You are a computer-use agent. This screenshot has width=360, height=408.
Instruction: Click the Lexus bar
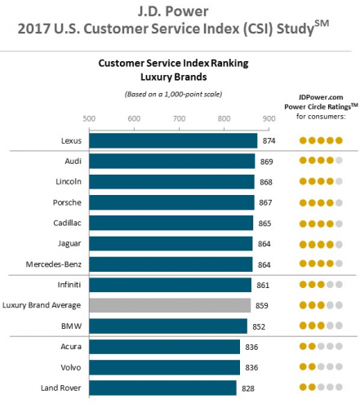[173, 140]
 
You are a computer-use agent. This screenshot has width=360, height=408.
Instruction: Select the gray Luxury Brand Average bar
[170, 305]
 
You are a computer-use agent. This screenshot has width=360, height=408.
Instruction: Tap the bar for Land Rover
[162, 388]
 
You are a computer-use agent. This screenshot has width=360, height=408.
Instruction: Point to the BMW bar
[168, 326]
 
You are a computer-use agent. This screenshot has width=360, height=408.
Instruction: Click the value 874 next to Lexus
[269, 141]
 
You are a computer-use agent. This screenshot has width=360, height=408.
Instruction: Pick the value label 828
[248, 388]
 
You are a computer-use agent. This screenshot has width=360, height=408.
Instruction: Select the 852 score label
[259, 326]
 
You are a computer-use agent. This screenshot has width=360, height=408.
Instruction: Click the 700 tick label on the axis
[179, 118]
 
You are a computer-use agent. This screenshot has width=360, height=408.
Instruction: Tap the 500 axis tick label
[89, 118]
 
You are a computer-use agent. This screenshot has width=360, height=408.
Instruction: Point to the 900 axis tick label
[269, 118]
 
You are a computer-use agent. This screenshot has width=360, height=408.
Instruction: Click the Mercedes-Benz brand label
[54, 264]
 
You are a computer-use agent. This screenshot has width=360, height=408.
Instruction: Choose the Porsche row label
[67, 202]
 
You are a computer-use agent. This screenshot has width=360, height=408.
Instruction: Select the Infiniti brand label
[69, 285]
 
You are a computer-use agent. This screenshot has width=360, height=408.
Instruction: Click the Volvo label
[71, 367]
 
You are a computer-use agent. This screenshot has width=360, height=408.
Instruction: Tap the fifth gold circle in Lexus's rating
[339, 140]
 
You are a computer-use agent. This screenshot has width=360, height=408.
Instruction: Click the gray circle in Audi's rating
[339, 161]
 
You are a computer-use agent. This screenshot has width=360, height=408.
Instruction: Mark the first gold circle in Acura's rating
[303, 346]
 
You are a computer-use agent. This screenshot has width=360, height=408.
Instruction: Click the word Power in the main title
[187, 11]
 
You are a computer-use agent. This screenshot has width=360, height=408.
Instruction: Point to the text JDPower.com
[321, 97]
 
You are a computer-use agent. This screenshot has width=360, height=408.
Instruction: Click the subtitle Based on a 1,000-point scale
[173, 94]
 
